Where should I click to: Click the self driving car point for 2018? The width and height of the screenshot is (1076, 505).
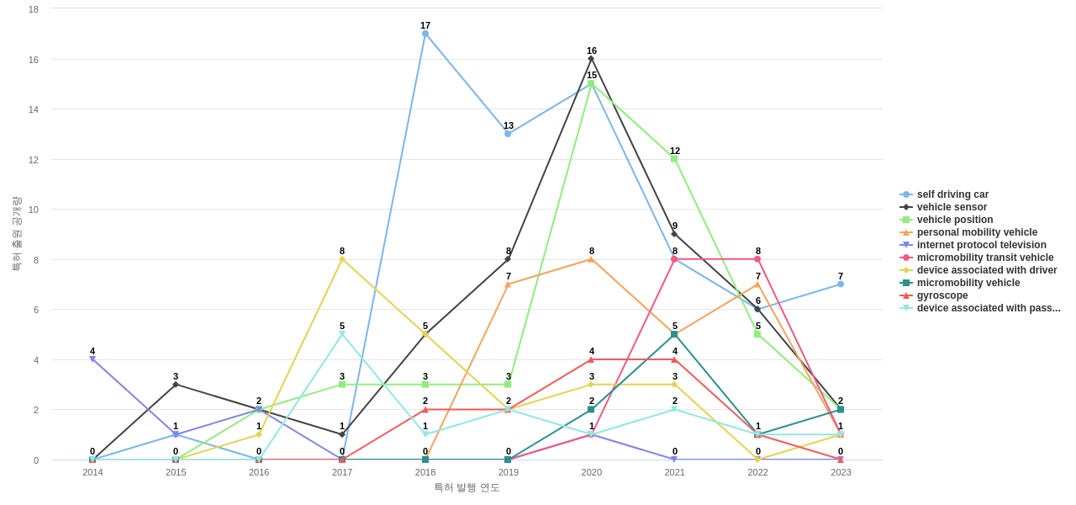click(x=425, y=34)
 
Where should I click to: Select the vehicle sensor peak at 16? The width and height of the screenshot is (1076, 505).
click(x=591, y=59)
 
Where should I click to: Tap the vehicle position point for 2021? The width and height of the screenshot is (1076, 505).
click(x=674, y=159)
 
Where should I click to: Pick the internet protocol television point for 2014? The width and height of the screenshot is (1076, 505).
click(x=92, y=359)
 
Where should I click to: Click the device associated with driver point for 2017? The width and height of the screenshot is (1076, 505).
click(x=342, y=259)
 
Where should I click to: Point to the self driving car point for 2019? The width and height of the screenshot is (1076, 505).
click(x=508, y=134)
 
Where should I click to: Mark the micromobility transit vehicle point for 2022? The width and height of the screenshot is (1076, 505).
click(x=757, y=259)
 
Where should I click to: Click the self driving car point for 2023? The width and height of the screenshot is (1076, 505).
click(x=841, y=284)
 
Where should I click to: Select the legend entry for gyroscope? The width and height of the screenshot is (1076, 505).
click(x=942, y=295)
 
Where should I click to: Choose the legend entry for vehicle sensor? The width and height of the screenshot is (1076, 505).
click(x=952, y=207)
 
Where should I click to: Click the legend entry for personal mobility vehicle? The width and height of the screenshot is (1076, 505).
click(x=977, y=232)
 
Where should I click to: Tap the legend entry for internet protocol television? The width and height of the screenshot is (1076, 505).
click(x=981, y=245)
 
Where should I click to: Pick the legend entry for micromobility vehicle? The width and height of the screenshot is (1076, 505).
click(x=968, y=283)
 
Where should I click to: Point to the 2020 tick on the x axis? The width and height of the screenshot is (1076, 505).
click(x=591, y=472)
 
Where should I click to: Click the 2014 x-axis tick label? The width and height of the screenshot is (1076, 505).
click(x=92, y=472)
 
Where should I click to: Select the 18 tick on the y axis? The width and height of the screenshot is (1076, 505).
click(x=34, y=9)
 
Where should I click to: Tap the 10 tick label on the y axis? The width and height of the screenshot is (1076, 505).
click(x=34, y=210)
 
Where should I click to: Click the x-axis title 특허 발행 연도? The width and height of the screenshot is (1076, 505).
click(x=467, y=487)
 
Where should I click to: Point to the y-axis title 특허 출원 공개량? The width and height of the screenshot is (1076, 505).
click(x=16, y=234)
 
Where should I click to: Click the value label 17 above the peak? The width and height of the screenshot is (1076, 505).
click(x=425, y=25)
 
